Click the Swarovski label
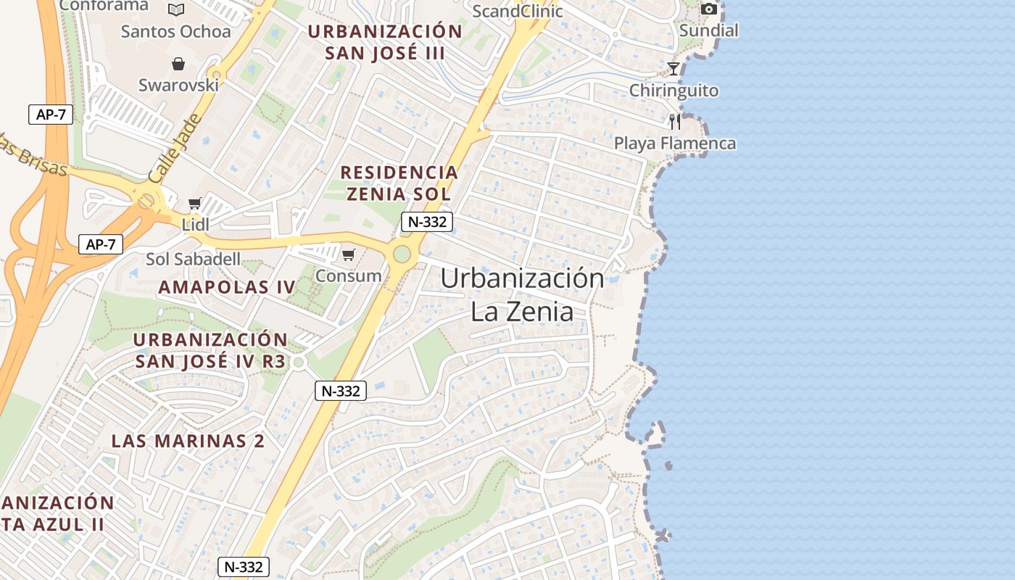178,85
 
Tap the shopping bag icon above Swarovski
178,64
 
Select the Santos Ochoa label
175,31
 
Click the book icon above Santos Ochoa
176,9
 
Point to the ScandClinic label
517,11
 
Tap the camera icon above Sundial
709,9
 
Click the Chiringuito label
674,91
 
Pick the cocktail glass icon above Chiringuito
674,68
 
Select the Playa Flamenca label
675,143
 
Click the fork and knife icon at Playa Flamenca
675,121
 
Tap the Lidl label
195,224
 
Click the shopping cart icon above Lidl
194,203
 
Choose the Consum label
348,275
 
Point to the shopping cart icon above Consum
348,254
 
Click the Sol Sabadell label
193,259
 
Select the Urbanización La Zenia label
522,294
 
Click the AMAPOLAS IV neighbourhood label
227,286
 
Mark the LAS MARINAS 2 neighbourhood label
188,440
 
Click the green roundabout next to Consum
401,254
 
